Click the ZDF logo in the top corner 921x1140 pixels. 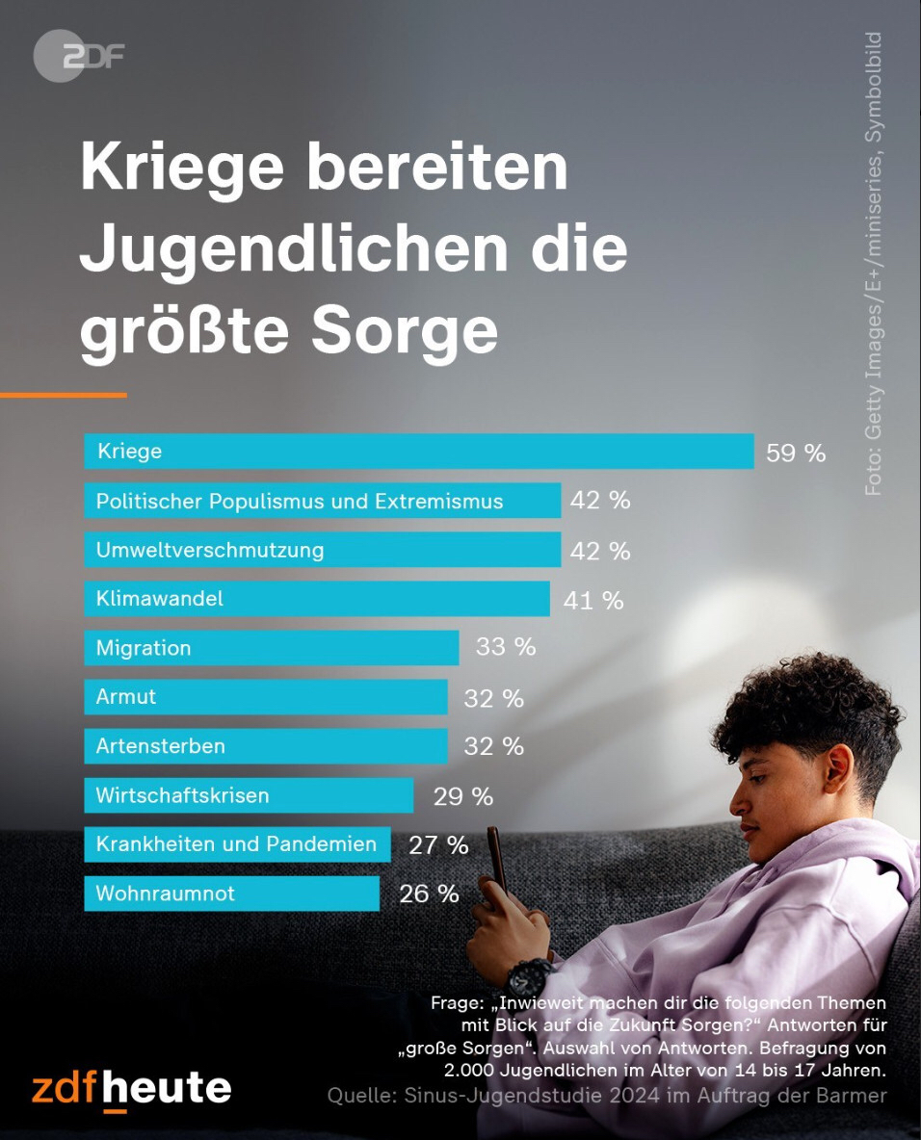coord(78,56)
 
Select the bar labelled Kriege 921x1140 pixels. coord(419,451)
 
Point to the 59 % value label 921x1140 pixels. coord(796,453)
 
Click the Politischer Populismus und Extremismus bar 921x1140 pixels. coord(323,501)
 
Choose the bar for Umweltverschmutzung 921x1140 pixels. coord(323,550)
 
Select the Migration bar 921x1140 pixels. coord(272,648)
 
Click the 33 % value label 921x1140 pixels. coord(506,647)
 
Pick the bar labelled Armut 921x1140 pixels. coord(266,697)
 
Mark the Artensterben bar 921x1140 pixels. coord(266,746)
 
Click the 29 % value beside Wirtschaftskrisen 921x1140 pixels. coord(463,796)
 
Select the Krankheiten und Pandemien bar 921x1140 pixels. coord(238,844)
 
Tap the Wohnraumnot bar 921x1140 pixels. coord(232,894)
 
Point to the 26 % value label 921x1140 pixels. coord(429,894)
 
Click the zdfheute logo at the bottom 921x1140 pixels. coord(131,1088)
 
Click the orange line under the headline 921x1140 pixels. coord(63,395)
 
